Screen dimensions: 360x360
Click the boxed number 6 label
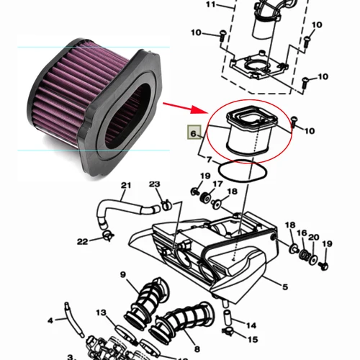tap(193, 132)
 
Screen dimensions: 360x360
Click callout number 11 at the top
tap(210, 5)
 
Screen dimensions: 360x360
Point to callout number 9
tap(123, 274)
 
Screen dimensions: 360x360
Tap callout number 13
tap(102, 312)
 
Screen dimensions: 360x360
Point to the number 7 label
tap(209, 158)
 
